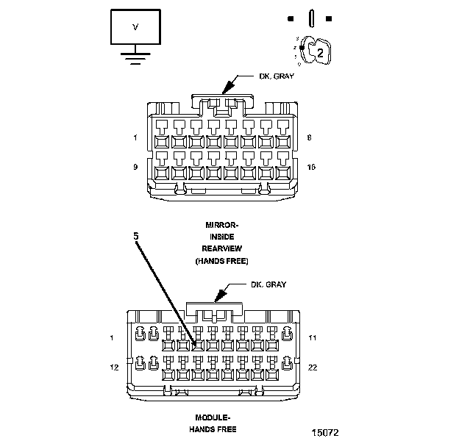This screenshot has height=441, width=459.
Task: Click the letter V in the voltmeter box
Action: point(134,26)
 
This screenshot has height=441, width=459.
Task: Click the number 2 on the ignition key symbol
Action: point(320,51)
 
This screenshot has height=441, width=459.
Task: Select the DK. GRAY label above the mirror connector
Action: point(277,77)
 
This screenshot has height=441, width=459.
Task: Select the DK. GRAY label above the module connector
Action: point(268,284)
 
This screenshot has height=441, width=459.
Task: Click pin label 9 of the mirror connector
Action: point(135,167)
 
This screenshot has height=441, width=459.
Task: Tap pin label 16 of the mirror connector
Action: point(311,167)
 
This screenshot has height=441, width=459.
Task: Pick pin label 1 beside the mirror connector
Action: point(135,137)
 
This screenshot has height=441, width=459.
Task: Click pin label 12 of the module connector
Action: point(113,366)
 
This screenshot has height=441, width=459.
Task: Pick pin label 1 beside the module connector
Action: point(112,338)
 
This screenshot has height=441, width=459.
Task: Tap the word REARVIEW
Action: point(221,248)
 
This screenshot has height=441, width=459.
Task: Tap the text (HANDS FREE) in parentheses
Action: point(221,261)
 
